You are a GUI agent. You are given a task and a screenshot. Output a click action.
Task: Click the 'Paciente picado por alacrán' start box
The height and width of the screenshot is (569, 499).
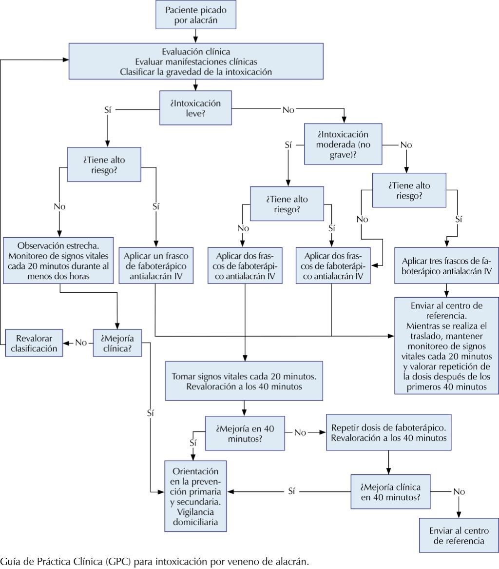click(195, 15)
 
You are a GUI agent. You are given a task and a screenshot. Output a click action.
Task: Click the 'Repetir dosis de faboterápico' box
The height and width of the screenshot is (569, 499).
click(389, 432)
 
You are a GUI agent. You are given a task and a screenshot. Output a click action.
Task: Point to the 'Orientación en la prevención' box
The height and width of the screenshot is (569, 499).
click(196, 495)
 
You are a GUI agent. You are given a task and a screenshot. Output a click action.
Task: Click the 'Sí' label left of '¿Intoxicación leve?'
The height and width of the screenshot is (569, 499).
click(108, 110)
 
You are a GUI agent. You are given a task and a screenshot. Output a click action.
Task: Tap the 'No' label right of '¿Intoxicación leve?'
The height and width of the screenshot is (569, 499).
click(288, 110)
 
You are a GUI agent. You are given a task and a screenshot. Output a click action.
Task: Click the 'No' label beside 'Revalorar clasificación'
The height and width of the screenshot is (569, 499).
click(81, 343)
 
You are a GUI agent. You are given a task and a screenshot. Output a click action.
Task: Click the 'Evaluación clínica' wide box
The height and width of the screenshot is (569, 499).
click(195, 61)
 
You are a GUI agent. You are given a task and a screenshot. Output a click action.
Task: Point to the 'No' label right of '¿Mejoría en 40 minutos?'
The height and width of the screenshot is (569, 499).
click(301, 432)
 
